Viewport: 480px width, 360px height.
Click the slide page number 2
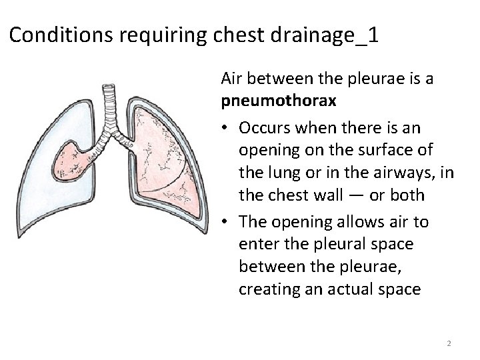(449, 343)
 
